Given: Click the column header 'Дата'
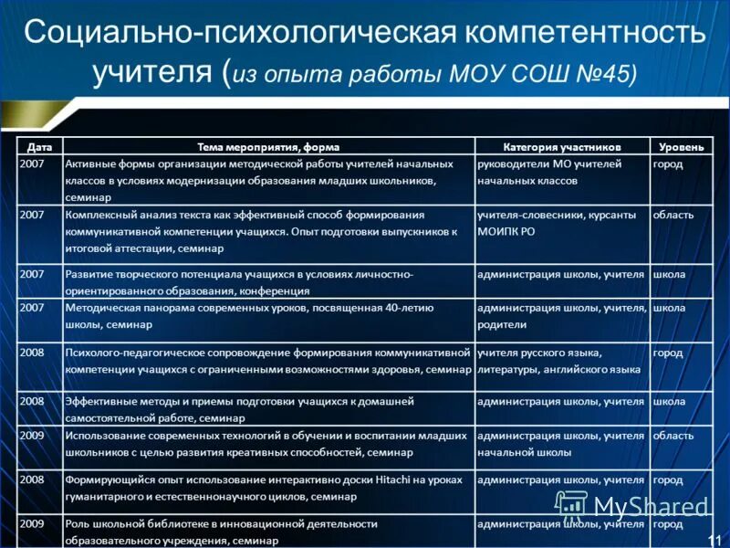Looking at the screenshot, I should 39,146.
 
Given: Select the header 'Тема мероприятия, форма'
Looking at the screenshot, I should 268,146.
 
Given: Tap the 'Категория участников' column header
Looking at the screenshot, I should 561,146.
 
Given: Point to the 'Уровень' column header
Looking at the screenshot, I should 681,146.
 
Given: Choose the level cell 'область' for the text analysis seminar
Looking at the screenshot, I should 673,215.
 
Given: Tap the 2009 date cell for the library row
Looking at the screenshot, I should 32,523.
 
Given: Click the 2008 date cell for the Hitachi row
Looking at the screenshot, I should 32,479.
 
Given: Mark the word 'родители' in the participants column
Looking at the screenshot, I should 502,324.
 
